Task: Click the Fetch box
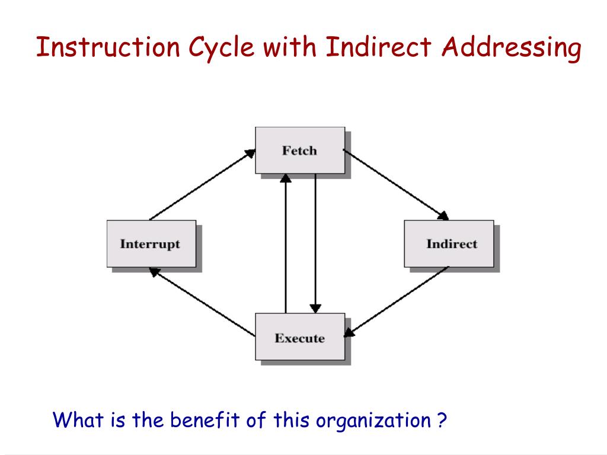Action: coord(299,150)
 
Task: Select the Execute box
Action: coord(299,338)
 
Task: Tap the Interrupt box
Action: coord(151,243)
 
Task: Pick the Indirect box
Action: coord(449,243)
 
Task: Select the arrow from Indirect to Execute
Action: coord(397,302)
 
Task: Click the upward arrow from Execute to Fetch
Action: coord(286,243)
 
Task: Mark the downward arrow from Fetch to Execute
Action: coord(315,243)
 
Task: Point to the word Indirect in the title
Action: coord(379,48)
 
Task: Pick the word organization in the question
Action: coord(373,421)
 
